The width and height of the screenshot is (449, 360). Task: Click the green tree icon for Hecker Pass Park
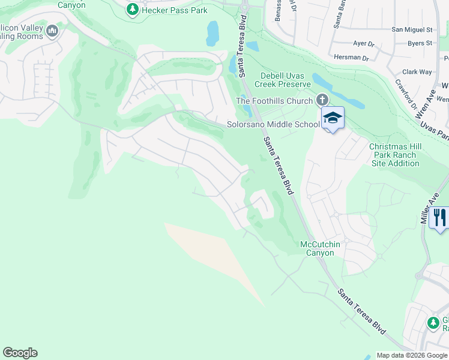(x=133, y=10)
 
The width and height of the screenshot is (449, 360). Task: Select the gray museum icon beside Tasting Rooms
(x=52, y=31)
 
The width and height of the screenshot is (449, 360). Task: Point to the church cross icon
(x=322, y=100)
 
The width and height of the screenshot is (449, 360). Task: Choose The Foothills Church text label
(x=274, y=101)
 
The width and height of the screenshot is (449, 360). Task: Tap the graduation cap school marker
(x=333, y=118)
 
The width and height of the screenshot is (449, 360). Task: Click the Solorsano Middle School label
(x=273, y=125)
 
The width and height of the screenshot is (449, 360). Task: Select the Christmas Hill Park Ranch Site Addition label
(x=395, y=155)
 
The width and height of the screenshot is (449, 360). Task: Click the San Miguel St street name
(x=412, y=29)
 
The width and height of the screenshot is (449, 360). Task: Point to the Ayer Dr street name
(x=364, y=43)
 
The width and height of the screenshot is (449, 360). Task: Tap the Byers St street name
(x=420, y=43)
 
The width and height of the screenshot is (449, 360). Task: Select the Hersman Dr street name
(x=352, y=58)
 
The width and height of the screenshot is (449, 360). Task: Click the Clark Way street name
(x=417, y=72)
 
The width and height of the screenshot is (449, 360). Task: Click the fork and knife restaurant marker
(x=440, y=217)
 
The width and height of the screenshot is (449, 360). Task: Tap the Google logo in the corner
(x=20, y=353)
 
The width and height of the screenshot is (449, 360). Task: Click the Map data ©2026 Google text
(x=411, y=355)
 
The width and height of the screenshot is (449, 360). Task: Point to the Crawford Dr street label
(x=404, y=93)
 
